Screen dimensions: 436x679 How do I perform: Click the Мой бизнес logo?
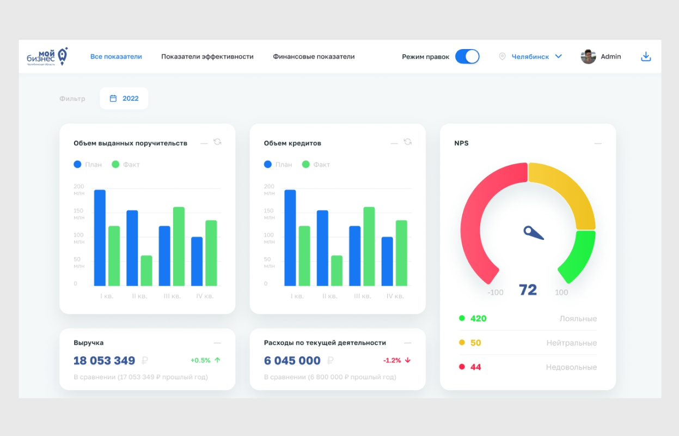click(47, 56)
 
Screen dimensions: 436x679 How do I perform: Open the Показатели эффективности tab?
click(207, 57)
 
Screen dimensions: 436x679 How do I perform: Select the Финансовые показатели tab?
click(314, 57)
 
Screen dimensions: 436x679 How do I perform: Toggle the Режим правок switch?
click(467, 57)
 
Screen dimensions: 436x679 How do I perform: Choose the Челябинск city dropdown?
click(536, 57)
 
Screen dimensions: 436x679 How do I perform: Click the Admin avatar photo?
click(588, 57)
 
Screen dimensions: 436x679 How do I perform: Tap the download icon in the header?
click(646, 57)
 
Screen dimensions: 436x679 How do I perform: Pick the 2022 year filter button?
click(124, 99)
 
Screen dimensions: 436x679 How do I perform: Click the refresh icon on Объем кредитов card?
click(408, 142)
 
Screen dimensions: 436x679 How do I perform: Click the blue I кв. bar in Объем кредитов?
click(290, 238)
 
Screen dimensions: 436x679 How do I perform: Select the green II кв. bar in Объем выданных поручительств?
click(146, 270)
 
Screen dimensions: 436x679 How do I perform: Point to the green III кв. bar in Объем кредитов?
click(369, 246)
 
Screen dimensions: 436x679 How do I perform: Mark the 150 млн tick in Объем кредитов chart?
click(270, 214)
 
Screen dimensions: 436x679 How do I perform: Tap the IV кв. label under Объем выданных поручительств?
click(205, 296)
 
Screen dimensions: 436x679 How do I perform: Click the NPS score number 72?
click(528, 290)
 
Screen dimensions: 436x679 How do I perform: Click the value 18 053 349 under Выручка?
click(104, 360)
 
